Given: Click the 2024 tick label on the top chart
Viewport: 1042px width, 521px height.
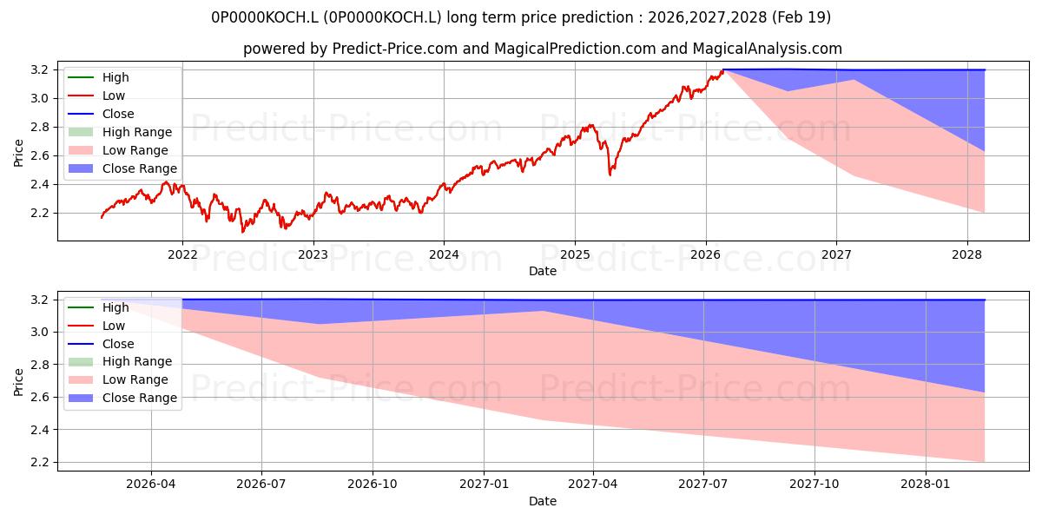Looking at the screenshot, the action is (444, 255).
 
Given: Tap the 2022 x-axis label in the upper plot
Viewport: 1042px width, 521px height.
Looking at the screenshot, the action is (182, 255).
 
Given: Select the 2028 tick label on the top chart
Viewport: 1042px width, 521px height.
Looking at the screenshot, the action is (967, 255).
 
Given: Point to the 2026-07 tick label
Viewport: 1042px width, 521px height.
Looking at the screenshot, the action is (261, 485).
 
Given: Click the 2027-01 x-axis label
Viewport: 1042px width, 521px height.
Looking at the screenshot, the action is (484, 485).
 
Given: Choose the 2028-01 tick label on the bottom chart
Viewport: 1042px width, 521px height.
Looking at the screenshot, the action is (926, 485).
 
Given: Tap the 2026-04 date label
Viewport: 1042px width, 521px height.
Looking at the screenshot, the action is (151, 485).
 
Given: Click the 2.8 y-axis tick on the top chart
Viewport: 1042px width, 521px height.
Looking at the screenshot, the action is (39, 127).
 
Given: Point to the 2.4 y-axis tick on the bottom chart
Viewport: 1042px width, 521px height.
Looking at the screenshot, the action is (39, 430).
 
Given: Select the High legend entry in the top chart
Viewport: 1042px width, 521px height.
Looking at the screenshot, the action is (99, 77).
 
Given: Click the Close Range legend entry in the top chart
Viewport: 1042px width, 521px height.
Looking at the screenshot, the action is (122, 168).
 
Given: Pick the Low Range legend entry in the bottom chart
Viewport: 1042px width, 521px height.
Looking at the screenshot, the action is (118, 379).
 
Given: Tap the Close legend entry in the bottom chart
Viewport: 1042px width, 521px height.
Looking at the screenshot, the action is (101, 344).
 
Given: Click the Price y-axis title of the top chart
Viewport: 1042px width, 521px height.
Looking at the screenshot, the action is (18, 153).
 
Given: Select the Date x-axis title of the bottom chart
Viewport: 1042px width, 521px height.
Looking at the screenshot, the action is (543, 501).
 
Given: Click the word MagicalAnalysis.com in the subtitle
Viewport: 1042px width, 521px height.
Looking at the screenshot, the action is (767, 49).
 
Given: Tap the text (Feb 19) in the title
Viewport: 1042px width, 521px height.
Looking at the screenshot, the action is (801, 17).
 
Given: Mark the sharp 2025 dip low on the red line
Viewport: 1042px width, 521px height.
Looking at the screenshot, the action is (610, 175).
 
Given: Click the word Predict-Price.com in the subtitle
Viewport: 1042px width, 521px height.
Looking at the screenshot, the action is (394, 49).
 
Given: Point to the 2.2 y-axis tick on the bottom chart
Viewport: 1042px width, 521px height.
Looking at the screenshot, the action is (39, 462).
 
